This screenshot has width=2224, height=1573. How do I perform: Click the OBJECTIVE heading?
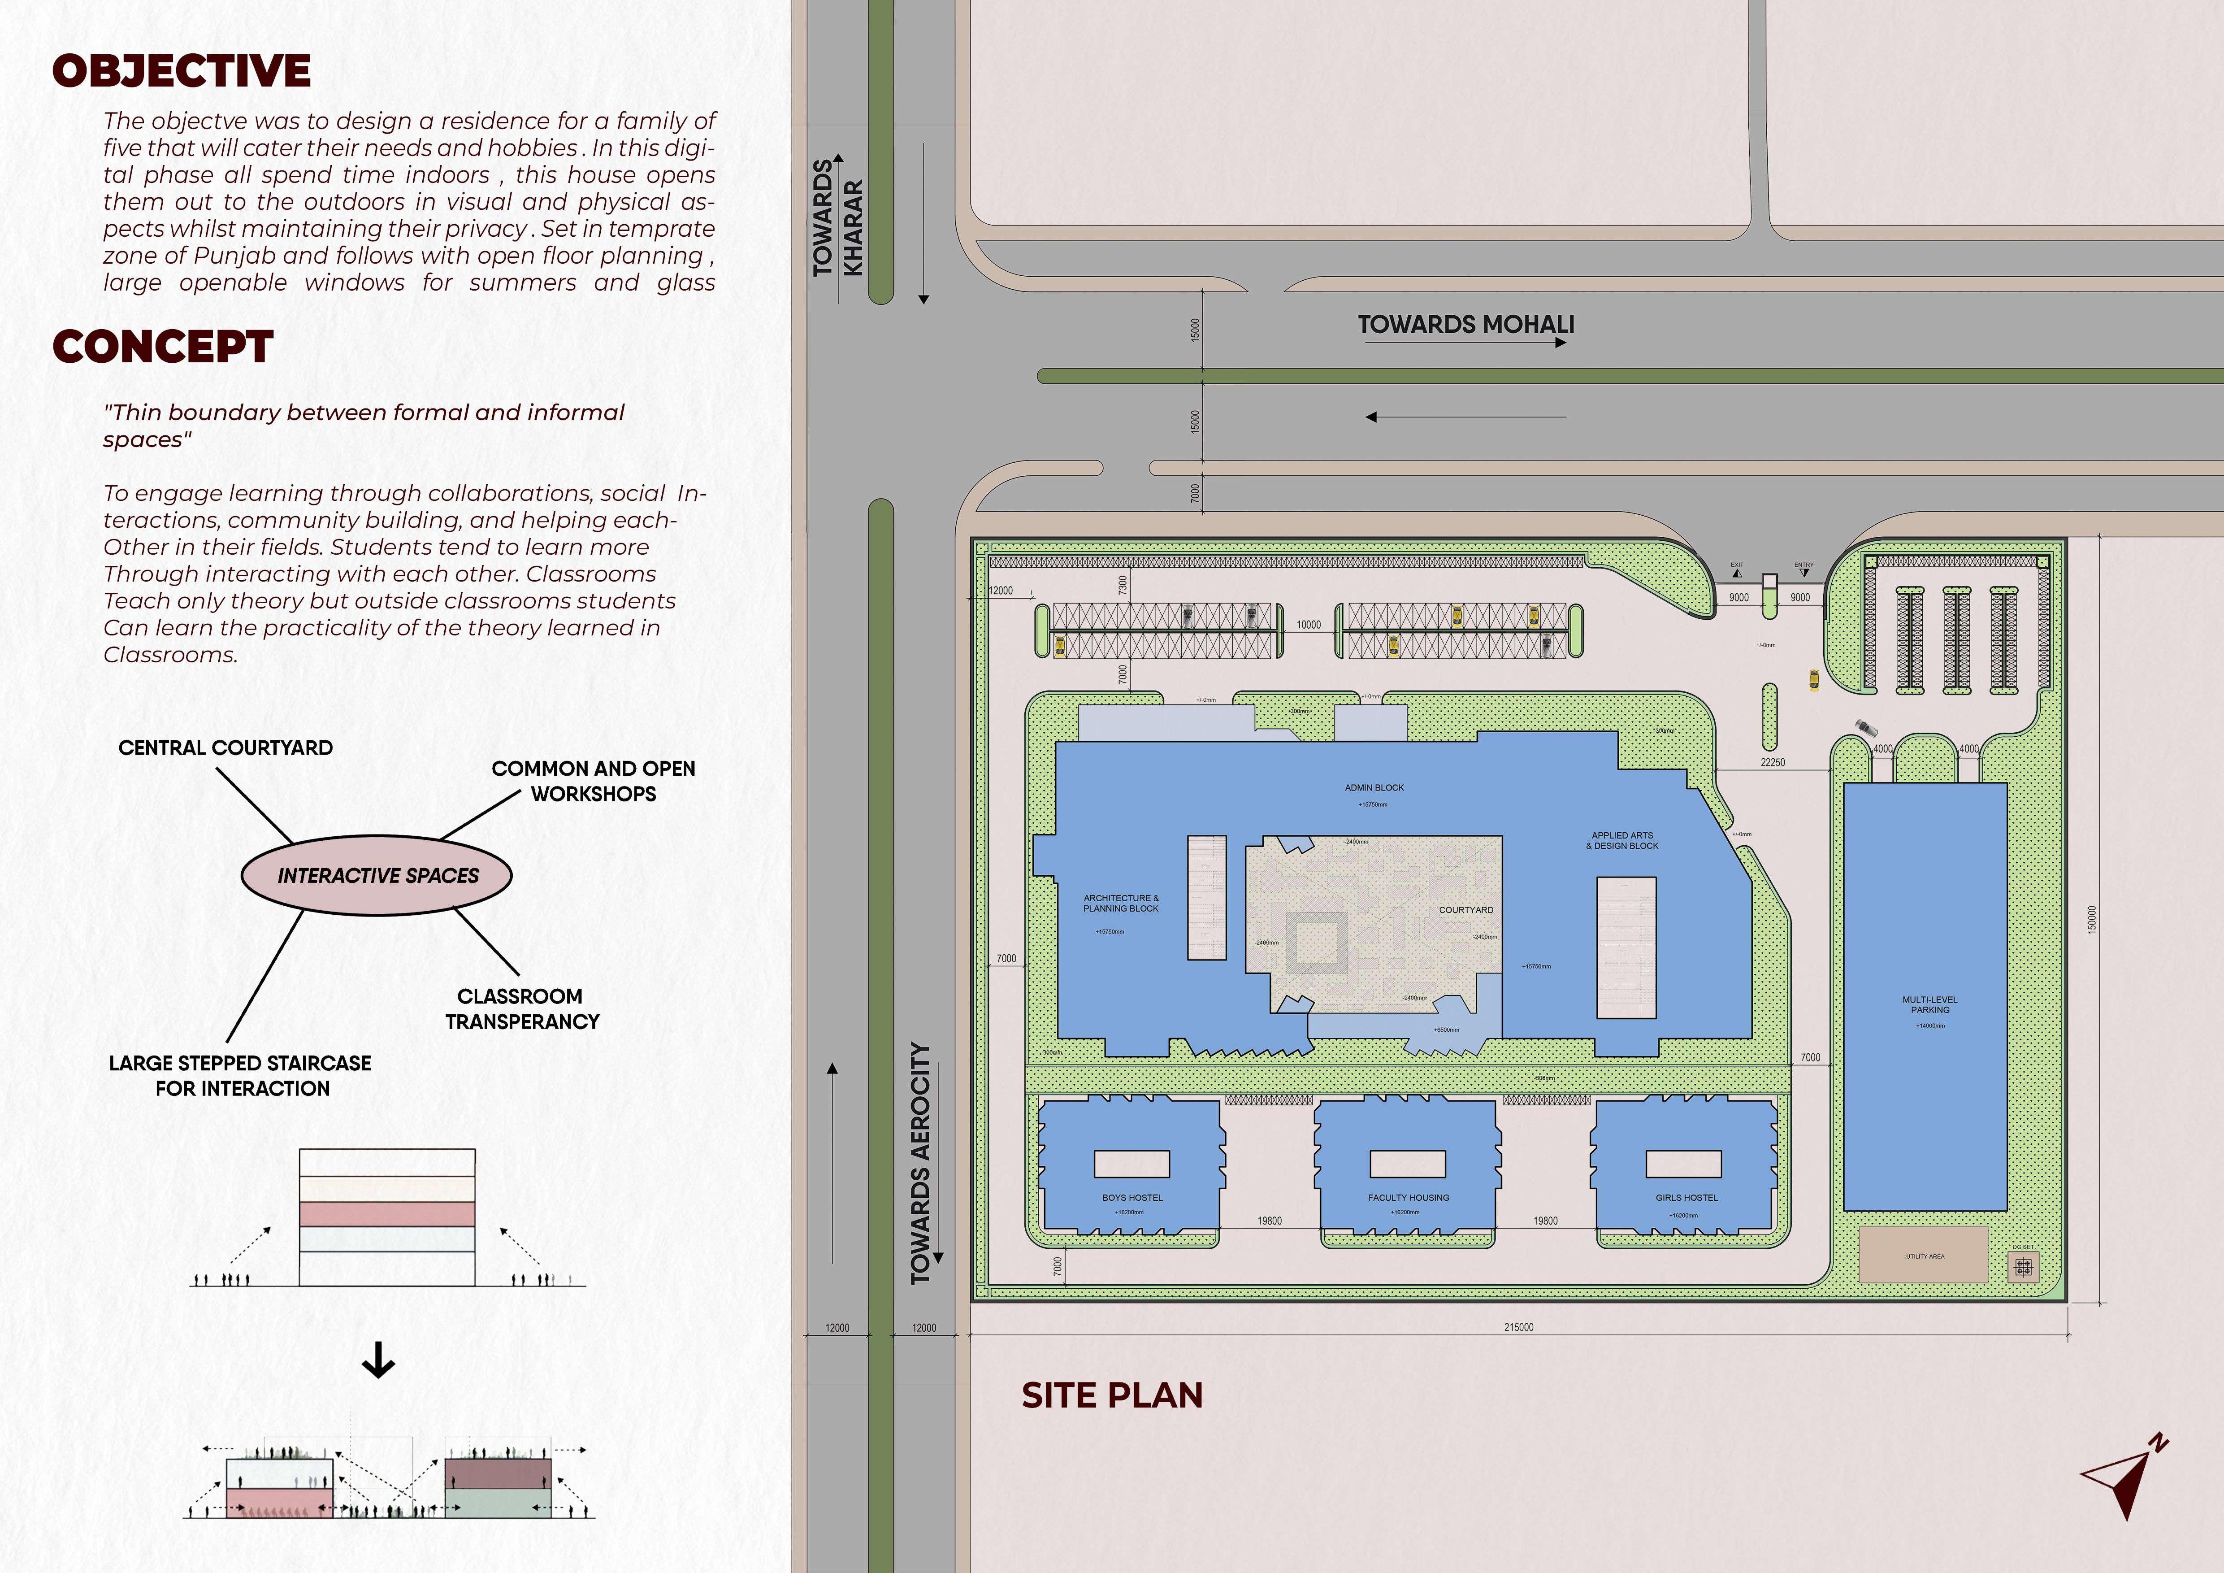click(x=181, y=71)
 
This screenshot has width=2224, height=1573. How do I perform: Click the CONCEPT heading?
click(x=163, y=347)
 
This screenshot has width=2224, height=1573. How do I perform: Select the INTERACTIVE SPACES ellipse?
click(x=377, y=875)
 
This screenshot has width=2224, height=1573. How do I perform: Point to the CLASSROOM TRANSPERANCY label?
click(x=521, y=1008)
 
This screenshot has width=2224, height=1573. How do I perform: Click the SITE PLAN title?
click(x=1112, y=1395)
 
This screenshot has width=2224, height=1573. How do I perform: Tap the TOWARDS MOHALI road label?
click(x=1465, y=325)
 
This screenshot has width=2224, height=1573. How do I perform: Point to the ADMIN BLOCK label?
click(x=1374, y=787)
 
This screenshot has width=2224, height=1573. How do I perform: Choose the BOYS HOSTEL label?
click(x=1132, y=1197)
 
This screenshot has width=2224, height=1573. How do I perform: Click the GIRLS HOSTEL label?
click(x=1686, y=1197)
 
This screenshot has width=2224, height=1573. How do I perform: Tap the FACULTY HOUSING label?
click(x=1409, y=1197)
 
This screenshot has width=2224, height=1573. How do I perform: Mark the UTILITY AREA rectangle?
click(x=1924, y=1255)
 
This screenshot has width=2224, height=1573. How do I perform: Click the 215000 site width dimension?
click(x=1518, y=1327)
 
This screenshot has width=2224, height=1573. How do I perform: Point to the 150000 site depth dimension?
click(x=2091, y=919)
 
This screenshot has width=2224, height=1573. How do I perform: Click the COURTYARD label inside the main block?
click(x=1465, y=909)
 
